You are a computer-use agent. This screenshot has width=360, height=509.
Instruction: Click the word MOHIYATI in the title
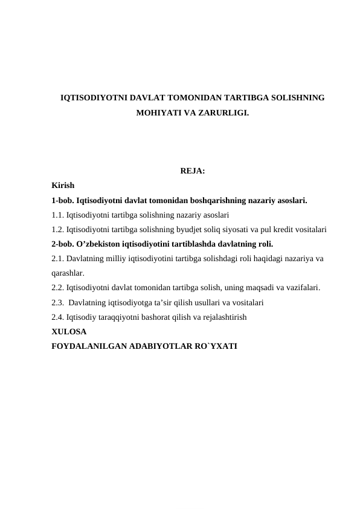click(156, 113)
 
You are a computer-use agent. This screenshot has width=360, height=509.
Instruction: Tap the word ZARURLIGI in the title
click(226, 113)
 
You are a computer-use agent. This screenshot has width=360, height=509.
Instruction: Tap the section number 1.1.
click(58, 215)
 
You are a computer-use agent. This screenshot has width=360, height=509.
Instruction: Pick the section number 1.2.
click(58, 230)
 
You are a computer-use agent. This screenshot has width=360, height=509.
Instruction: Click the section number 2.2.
click(58, 288)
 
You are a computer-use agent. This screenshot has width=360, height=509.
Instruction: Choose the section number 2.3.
click(58, 302)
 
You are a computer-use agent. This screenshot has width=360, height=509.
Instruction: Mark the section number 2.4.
click(58, 317)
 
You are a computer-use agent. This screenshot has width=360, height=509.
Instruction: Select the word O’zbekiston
click(101, 244)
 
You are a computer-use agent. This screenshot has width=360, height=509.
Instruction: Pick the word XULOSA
click(69, 332)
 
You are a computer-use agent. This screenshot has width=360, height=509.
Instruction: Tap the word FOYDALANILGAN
click(88, 346)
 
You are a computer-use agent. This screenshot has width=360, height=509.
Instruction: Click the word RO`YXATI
click(216, 346)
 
